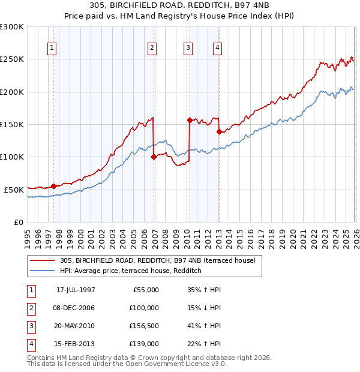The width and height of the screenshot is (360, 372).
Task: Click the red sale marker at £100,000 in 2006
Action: [154, 157]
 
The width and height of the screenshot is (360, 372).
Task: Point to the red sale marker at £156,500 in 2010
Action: [190, 120]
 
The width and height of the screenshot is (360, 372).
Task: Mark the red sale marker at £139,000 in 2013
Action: [219, 131]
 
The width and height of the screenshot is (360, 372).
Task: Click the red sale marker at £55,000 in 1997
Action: [54, 186]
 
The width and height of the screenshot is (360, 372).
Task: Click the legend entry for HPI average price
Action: [130, 271]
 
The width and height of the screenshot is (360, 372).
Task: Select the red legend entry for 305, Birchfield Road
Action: [158, 260]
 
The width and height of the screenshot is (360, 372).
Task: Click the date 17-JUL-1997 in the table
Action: [76, 290]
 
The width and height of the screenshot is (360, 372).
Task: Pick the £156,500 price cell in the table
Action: [144, 326]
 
